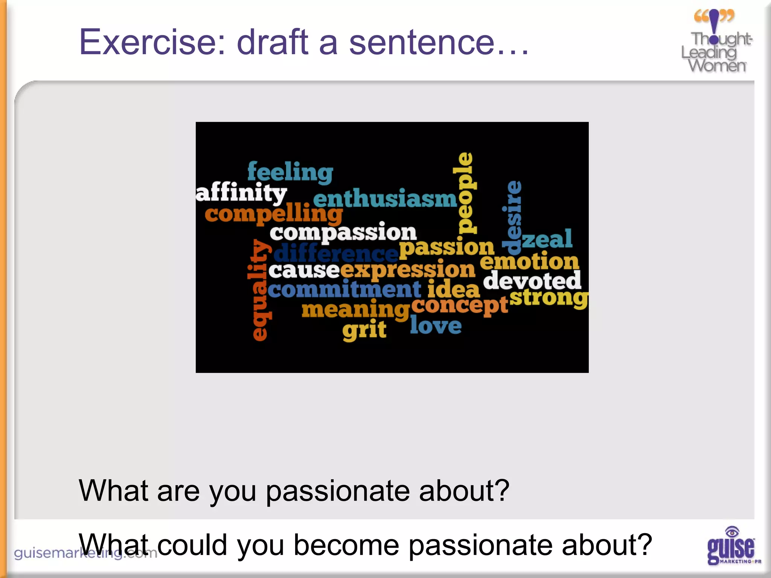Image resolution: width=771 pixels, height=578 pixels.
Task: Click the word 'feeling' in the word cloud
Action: tap(290, 172)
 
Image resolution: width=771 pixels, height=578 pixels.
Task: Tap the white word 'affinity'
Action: tap(241, 193)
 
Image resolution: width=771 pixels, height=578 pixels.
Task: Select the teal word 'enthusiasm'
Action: tap(385, 199)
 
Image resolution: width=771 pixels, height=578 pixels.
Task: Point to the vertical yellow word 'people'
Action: tap(465, 193)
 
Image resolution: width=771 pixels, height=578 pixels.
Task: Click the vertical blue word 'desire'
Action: tap(512, 217)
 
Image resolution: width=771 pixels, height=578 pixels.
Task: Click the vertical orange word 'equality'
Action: tap(259, 290)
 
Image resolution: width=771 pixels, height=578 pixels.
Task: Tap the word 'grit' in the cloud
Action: tap(364, 330)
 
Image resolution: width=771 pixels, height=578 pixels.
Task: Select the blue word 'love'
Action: tap(436, 326)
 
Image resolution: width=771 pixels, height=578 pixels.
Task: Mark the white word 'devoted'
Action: tap(532, 281)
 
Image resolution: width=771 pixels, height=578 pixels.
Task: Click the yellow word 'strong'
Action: tap(549, 298)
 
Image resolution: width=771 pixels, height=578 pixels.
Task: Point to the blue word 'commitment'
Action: tap(344, 290)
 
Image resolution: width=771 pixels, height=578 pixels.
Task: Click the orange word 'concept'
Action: tap(460, 306)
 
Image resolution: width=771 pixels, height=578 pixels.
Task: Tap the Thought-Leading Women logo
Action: tap(716, 41)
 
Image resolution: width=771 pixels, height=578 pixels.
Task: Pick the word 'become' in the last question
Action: tap(346, 545)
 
